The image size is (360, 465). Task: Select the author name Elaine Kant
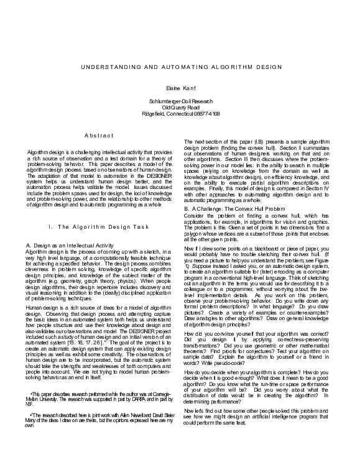click(x=180, y=88)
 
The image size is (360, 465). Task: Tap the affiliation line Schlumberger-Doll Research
click(x=180, y=101)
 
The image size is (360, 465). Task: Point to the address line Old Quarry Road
click(x=180, y=107)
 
